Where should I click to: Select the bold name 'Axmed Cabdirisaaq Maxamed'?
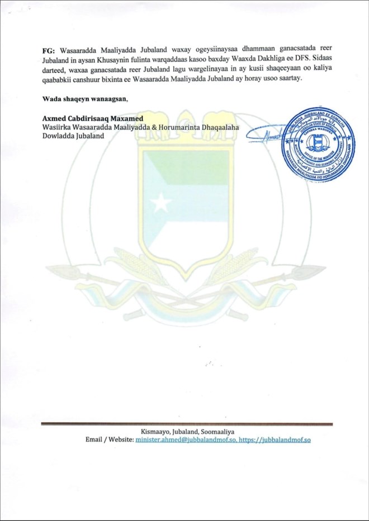(93, 119)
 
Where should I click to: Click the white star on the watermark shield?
(160, 202)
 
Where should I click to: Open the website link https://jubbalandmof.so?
(275, 440)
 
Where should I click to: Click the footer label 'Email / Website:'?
(110, 440)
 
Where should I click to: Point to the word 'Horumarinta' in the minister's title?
(191, 127)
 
